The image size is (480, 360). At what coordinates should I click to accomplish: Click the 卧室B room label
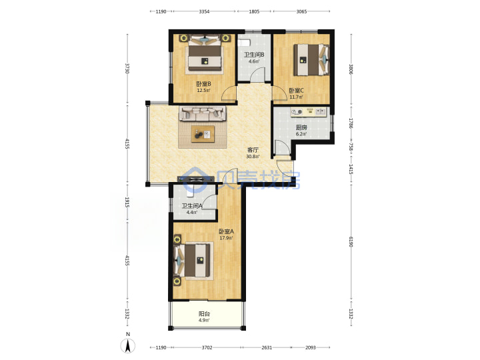[203, 83]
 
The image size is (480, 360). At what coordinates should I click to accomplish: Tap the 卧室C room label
[296, 91]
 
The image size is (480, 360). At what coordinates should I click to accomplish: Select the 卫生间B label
[254, 55]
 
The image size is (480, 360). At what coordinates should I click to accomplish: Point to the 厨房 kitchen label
[301, 127]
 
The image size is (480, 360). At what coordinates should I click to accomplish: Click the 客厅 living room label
[253, 150]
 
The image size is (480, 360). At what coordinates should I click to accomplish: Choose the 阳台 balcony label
[204, 314]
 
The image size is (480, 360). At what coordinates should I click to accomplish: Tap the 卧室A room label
[226, 231]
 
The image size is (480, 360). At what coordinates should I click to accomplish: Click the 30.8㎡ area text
[253, 157]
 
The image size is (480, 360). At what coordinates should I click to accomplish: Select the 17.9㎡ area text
[226, 238]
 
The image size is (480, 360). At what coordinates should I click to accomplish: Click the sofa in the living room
[203, 113]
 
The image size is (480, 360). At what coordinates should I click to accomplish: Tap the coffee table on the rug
[203, 134]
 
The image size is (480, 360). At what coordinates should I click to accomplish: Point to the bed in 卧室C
[311, 60]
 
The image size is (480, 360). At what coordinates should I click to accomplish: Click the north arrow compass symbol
[128, 346]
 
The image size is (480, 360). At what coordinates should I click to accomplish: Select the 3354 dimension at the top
[204, 11]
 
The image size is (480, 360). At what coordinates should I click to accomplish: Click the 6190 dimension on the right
[351, 242]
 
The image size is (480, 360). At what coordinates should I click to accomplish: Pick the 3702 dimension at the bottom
[207, 347]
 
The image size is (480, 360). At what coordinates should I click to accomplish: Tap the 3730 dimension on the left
[127, 68]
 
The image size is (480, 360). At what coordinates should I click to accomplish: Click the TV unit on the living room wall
[195, 179]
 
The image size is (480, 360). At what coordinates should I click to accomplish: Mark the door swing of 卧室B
[229, 93]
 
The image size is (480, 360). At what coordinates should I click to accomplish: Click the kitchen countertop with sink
[309, 112]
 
